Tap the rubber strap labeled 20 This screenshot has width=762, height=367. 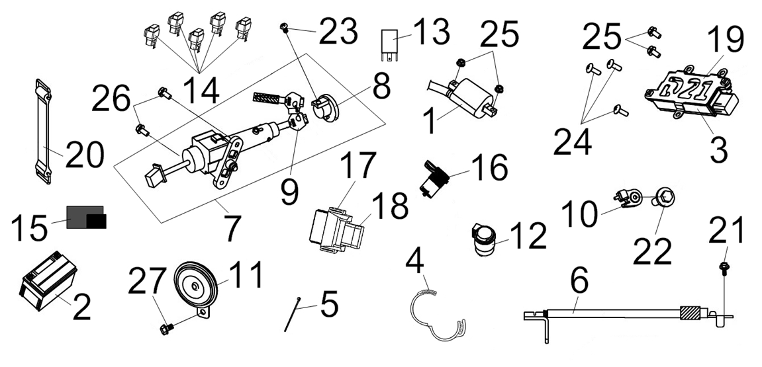(44, 132)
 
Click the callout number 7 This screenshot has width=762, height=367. (230, 227)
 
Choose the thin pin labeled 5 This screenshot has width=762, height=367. (291, 315)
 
